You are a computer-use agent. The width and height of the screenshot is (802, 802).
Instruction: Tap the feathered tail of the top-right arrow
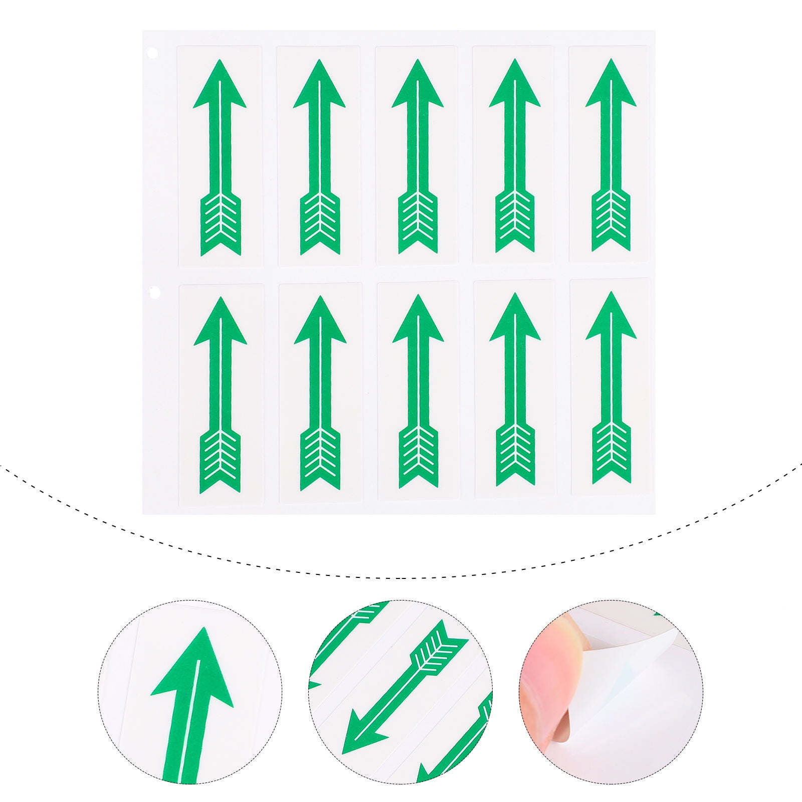coord(611,221)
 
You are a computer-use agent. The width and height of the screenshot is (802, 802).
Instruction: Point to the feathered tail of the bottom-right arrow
coord(612,454)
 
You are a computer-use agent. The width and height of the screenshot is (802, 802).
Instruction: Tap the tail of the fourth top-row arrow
coord(514,223)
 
